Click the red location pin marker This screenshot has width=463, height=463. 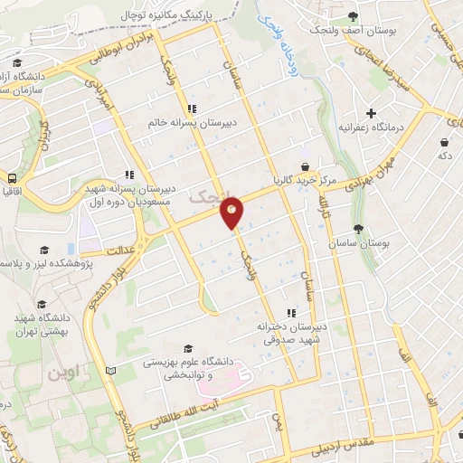[233, 212]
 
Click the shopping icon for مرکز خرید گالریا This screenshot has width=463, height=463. [307, 166]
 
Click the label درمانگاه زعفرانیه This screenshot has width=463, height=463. [372, 128]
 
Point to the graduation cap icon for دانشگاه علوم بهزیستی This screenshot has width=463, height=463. [188, 348]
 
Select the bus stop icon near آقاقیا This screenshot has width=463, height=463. [13, 178]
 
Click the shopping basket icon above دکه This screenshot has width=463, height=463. [443, 143]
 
